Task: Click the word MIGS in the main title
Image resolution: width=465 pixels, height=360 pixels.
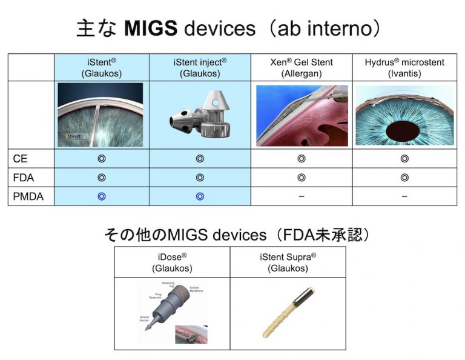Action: (x=151, y=28)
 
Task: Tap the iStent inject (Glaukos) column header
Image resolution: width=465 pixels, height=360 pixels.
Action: (x=200, y=67)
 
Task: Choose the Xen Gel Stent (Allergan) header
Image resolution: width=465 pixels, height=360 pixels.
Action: (x=302, y=67)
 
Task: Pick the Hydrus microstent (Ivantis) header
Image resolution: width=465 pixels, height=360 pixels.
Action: (x=404, y=67)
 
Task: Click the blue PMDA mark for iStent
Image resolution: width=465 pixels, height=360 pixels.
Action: (x=101, y=196)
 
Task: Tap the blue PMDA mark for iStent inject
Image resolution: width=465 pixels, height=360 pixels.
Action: (x=200, y=196)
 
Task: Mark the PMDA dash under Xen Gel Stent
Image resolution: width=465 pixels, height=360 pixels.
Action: (x=302, y=196)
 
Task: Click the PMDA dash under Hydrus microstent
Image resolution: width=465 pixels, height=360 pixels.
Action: (x=404, y=196)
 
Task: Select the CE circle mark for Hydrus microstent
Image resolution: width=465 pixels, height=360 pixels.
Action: (x=404, y=159)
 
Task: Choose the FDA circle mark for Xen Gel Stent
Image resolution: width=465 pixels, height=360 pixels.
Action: (x=302, y=178)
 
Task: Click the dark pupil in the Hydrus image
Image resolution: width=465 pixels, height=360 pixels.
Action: (x=404, y=129)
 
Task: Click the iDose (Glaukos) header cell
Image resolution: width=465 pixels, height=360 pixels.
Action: (x=172, y=262)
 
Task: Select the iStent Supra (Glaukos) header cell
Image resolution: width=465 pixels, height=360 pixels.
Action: (x=288, y=262)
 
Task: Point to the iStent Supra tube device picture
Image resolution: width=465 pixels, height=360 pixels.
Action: (x=288, y=313)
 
